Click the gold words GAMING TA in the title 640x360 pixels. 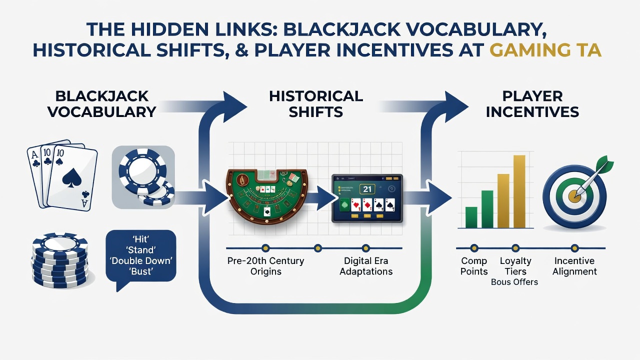(x=545, y=50)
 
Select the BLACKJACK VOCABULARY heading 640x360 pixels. (x=102, y=104)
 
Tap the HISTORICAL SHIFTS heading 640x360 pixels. (x=316, y=104)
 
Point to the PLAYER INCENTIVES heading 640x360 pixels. (x=532, y=104)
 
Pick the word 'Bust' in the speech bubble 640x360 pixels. (x=141, y=271)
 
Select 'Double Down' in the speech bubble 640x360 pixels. (x=141, y=260)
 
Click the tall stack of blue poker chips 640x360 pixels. (x=60, y=259)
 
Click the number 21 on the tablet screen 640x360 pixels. (x=367, y=189)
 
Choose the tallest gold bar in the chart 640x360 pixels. (x=519, y=191)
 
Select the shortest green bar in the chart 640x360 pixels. (x=471, y=217)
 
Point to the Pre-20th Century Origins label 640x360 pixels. (x=265, y=265)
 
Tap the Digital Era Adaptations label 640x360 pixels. (x=366, y=265)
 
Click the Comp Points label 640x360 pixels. (x=474, y=265)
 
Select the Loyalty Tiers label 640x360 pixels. (x=515, y=265)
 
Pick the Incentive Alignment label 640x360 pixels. (x=574, y=265)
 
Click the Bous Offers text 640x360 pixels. (x=514, y=282)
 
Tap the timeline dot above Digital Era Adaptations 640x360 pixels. (x=365, y=248)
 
